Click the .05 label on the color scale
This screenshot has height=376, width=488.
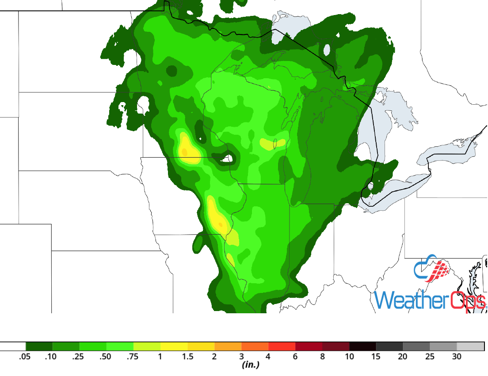click(x=25, y=357)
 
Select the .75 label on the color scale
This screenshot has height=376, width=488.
click(x=133, y=357)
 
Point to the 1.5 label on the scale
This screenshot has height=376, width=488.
click(x=187, y=357)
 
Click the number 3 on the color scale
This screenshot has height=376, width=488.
click(x=241, y=357)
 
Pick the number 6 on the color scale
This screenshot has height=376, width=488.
click(x=295, y=357)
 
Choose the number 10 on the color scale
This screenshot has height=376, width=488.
click(x=349, y=357)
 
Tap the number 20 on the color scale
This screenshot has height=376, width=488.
click(x=403, y=357)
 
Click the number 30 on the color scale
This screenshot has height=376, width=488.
click(x=457, y=357)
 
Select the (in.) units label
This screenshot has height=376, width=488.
click(x=250, y=365)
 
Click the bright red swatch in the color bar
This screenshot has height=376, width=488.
click(x=282, y=346)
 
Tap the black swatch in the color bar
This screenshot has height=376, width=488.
click(x=362, y=346)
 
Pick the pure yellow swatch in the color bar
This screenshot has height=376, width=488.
click(x=174, y=346)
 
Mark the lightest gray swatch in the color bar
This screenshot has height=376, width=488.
click(x=470, y=346)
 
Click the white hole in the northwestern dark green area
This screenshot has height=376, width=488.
click(x=143, y=104)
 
